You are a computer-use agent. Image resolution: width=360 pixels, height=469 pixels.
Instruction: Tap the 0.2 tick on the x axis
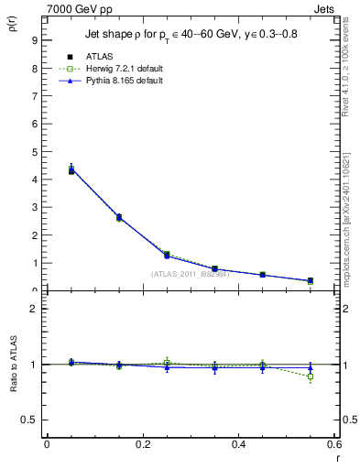click(x=142, y=444)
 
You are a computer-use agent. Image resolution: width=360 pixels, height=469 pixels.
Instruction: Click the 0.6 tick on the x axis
click(x=334, y=444)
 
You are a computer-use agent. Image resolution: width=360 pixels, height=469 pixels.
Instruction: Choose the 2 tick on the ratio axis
click(x=33, y=309)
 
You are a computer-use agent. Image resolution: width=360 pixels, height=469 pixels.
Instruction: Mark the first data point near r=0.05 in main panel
click(x=46, y=170)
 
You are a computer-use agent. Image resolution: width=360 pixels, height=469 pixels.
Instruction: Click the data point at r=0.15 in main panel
click(x=119, y=217)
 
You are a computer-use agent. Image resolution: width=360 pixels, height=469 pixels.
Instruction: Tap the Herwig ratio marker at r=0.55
click(x=311, y=376)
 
